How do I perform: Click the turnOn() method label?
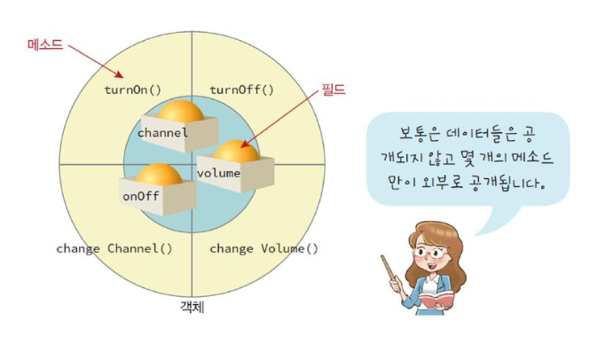pyautogui.click(x=133, y=90)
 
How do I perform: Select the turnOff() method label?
pyautogui.click(x=242, y=90)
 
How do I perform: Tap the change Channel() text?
pyautogui.click(x=114, y=249)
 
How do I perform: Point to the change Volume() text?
pyautogui.click(x=263, y=249)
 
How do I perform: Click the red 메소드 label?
pyautogui.click(x=45, y=44)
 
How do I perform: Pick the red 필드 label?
pyautogui.click(x=334, y=90)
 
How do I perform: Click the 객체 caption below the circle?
pyautogui.click(x=192, y=307)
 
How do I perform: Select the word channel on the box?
pyautogui.click(x=163, y=133)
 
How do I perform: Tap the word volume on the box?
pyautogui.click(x=218, y=174)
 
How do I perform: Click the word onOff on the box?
pyautogui.click(x=141, y=196)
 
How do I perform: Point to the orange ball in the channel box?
pyautogui.click(x=181, y=111)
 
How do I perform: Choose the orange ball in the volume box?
pyautogui.click(x=237, y=151)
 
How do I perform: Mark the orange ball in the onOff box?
pyautogui.click(x=159, y=175)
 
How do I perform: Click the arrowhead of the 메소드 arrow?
pyautogui.click(x=120, y=74)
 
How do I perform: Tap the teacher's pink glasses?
pyautogui.click(x=431, y=254)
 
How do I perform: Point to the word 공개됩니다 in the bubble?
pyautogui.click(x=508, y=183)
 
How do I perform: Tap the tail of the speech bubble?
pyautogui.click(x=495, y=220)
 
